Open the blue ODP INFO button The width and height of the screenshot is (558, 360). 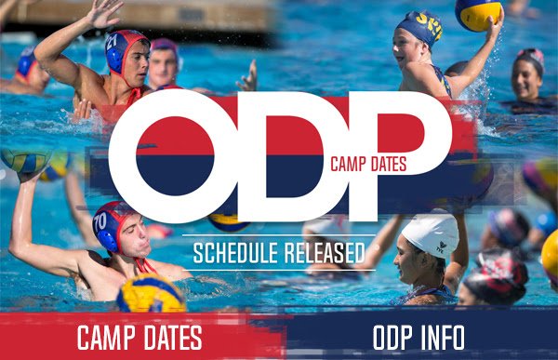(418, 336)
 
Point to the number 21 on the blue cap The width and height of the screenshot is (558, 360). (113, 42)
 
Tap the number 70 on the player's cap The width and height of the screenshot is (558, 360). (100, 222)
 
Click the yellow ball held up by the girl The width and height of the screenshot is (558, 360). (478, 13)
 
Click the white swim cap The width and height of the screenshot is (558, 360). (431, 231)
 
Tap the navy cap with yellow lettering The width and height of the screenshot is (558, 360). (421, 29)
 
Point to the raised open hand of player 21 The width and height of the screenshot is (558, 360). (103, 12)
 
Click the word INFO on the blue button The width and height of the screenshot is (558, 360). (442, 336)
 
